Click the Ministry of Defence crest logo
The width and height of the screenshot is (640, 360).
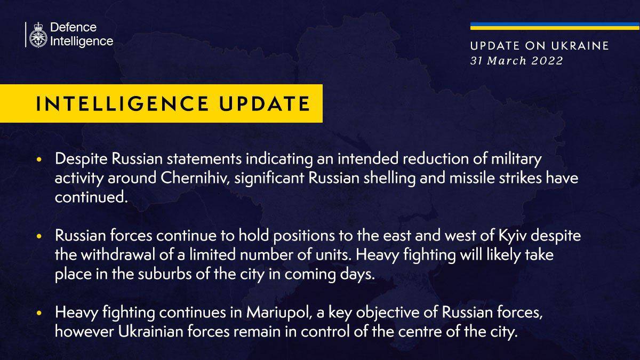38,35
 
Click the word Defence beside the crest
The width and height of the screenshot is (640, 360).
74,27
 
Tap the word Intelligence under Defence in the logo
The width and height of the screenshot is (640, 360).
82,42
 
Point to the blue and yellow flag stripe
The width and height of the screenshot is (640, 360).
555,26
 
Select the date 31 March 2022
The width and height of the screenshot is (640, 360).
517,61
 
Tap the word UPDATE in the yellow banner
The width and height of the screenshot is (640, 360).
265,103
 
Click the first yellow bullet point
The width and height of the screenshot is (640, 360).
39,159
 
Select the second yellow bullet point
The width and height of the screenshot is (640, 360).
39,236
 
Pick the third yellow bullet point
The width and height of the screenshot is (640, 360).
39,313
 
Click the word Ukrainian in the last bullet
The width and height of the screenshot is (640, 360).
150,332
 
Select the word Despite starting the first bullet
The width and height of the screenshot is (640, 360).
81,159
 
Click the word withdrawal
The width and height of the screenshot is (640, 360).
118,255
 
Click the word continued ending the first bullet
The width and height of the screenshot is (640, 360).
91,197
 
